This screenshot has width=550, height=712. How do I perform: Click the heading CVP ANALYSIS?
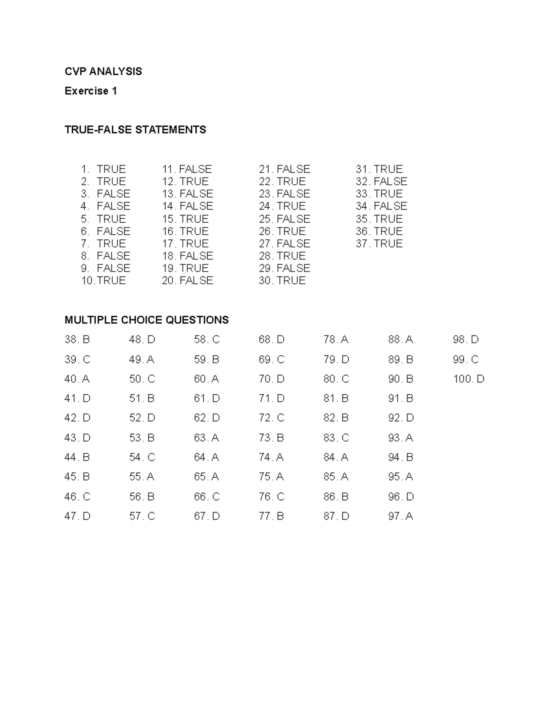[103, 72]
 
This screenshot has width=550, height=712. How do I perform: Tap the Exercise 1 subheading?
[91, 91]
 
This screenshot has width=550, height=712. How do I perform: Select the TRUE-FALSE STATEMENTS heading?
[135, 130]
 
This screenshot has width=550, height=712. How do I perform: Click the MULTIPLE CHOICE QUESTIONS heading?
[147, 320]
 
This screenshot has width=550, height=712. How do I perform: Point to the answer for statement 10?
[111, 281]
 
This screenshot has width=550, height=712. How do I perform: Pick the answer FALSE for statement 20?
[196, 281]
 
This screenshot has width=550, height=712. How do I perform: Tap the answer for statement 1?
[111, 169]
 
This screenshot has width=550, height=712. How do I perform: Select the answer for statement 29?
[293, 268]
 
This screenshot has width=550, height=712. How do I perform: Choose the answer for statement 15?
[194, 219]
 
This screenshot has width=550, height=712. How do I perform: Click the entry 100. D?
[468, 379]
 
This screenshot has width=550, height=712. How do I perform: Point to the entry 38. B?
[77, 340]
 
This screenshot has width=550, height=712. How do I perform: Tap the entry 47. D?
[77, 516]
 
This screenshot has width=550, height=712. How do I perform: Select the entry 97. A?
[401, 516]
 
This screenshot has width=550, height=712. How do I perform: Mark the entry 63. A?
[206, 438]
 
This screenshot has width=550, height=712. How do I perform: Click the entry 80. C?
[336, 379]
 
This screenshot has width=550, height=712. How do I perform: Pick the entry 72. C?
[271, 418]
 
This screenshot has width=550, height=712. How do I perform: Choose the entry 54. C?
[142, 458]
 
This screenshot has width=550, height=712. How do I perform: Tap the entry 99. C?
[465, 359]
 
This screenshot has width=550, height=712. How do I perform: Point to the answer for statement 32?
[390, 182]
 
